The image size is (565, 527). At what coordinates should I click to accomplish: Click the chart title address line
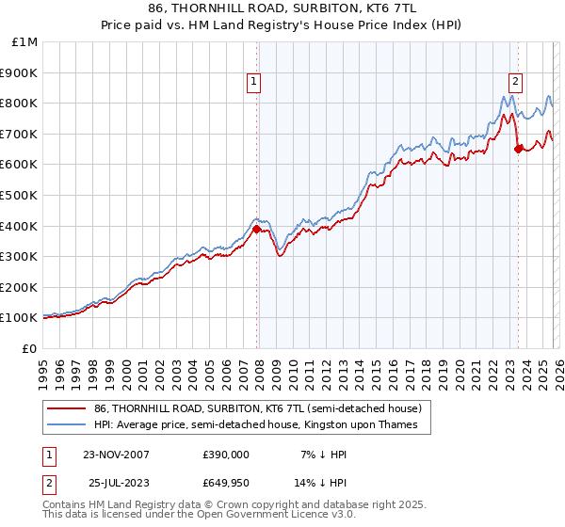tap(282, 8)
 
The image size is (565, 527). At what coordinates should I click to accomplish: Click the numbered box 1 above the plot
tap(255, 82)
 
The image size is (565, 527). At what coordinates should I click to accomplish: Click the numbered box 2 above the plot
tap(516, 82)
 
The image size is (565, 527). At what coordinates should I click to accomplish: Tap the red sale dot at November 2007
tap(256, 228)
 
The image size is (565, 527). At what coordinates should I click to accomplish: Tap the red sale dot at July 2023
tap(518, 148)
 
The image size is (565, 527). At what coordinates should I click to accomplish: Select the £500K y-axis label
tap(19, 195)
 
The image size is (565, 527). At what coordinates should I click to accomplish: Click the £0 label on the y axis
tap(29, 348)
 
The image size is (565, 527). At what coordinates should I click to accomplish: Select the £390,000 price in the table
tap(225, 455)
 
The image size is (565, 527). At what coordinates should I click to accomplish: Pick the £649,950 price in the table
tap(225, 483)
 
